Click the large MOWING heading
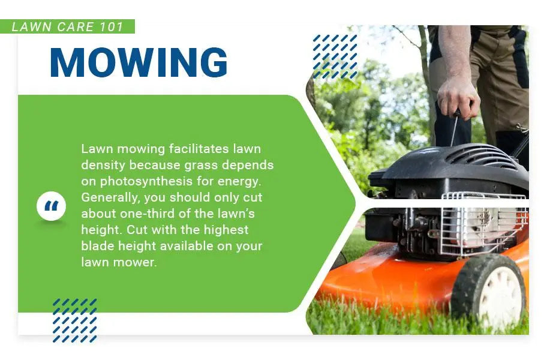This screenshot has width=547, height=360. point(139,62)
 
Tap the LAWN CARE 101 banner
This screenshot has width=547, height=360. point(67,26)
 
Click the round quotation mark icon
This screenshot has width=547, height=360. point(52,206)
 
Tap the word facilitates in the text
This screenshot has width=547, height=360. point(199,149)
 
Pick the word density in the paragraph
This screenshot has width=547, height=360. point(103,166)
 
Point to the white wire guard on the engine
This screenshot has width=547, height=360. point(483,223)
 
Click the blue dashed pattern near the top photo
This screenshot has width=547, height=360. point(335,56)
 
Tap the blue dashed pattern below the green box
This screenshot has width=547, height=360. point(74,320)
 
